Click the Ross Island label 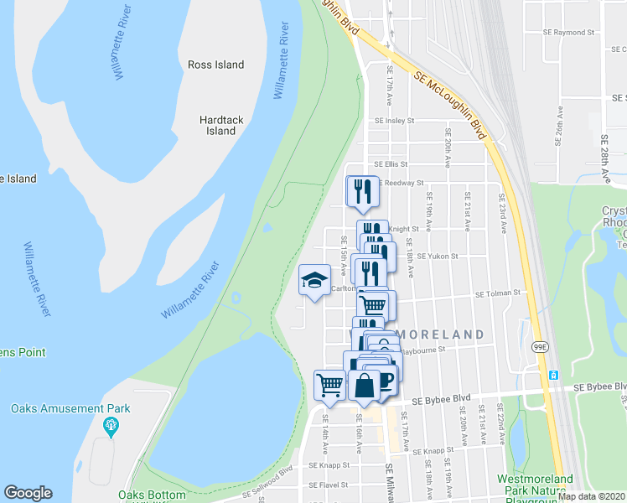coord(215,65)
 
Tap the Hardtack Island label coord(221,126)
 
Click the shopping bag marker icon coord(365,386)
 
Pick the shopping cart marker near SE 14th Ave coord(329,385)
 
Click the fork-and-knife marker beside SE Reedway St coord(363,191)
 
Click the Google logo coord(28,493)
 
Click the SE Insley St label coord(395,121)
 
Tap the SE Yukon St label coord(438,256)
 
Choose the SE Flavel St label coord(328,485)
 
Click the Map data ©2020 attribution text coord(591,496)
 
